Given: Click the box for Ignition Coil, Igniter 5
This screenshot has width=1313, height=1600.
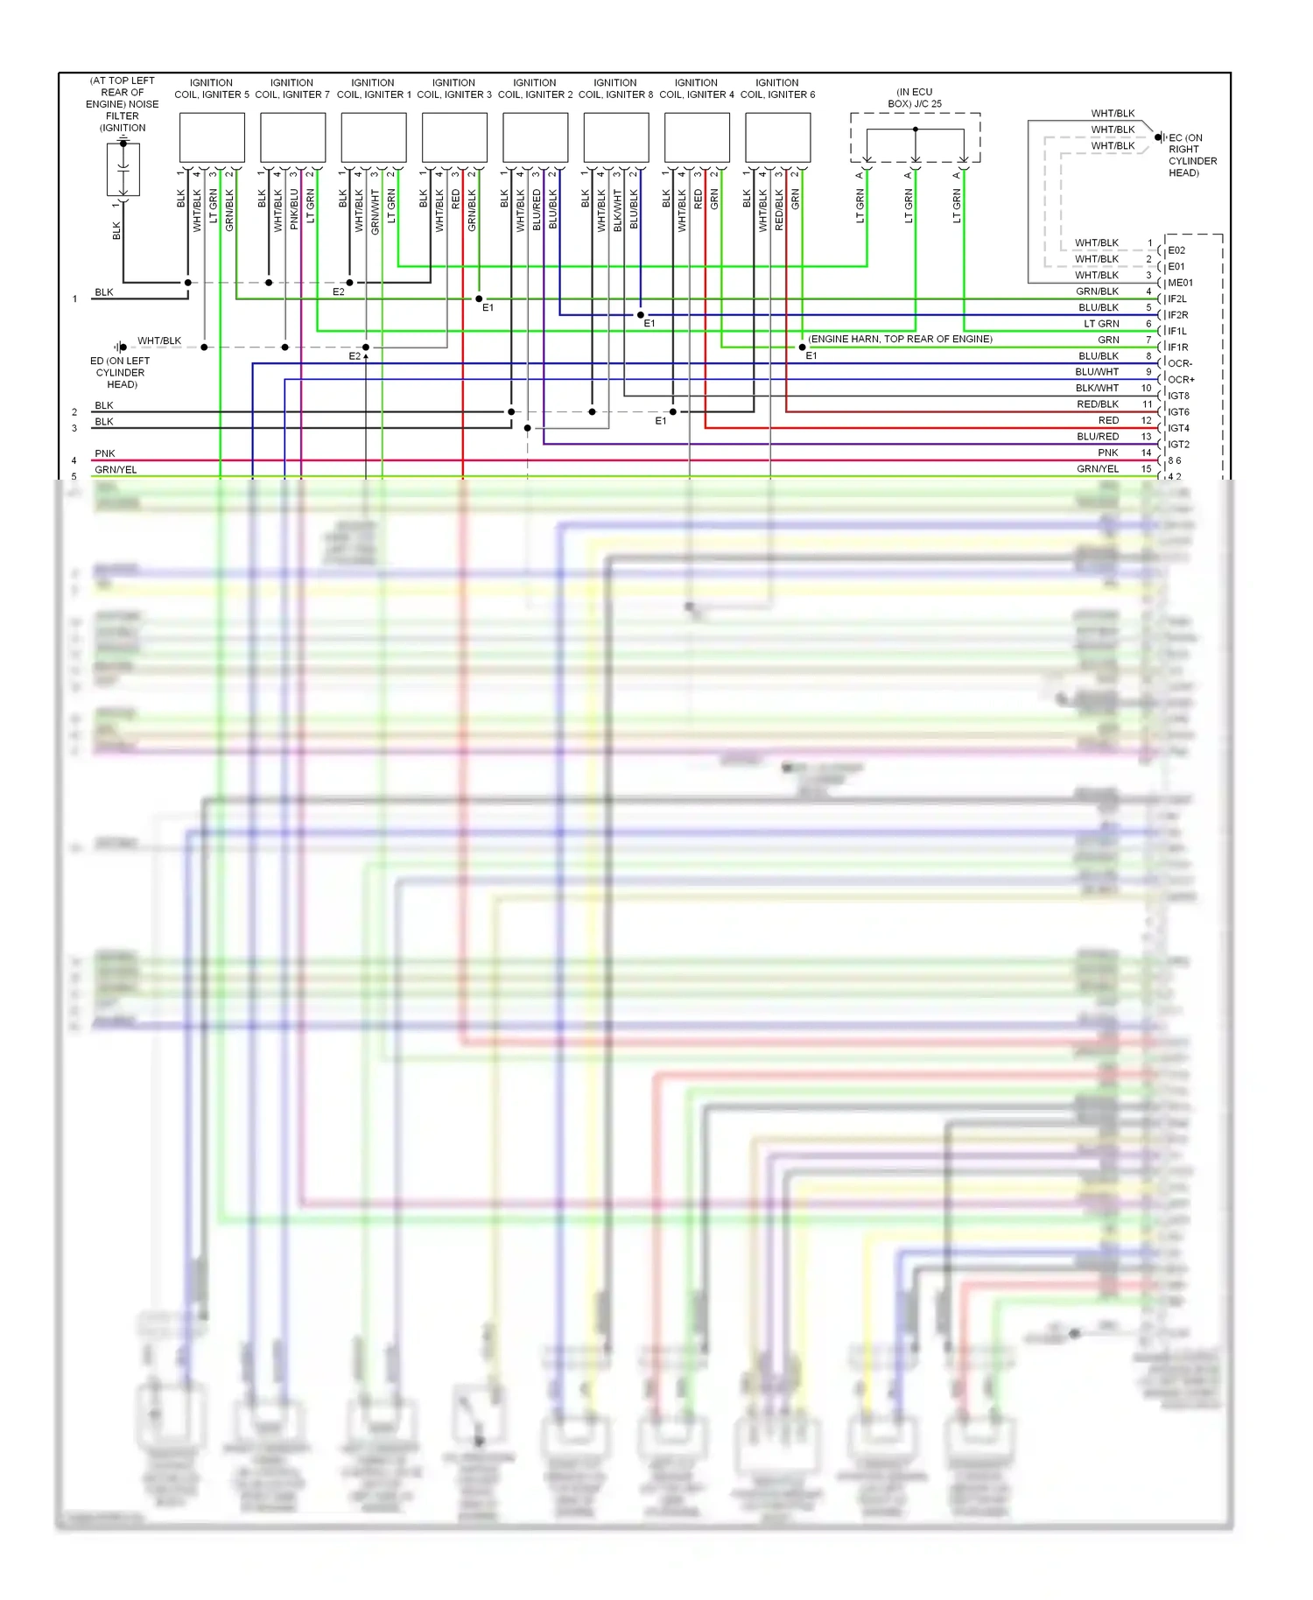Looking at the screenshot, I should pyautogui.click(x=212, y=137).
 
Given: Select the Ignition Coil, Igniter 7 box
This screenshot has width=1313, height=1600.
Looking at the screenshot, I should pyautogui.click(x=292, y=137).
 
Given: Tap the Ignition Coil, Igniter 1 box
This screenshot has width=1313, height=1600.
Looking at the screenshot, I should pyautogui.click(x=374, y=137).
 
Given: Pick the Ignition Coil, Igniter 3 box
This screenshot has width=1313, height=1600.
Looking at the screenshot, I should pyautogui.click(x=454, y=137).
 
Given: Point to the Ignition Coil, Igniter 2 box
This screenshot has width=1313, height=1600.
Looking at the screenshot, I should pyautogui.click(x=536, y=137).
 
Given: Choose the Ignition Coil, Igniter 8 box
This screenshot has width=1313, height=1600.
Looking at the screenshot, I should pyautogui.click(x=616, y=137).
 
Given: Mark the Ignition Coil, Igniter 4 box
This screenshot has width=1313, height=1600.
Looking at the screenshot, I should pyautogui.click(x=697, y=137).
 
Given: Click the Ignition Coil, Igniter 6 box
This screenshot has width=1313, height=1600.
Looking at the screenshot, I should pyautogui.click(x=778, y=137).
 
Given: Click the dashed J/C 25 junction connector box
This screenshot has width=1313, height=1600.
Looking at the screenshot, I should pyautogui.click(x=915, y=137).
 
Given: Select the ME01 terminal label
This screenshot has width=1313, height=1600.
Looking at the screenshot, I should pyautogui.click(x=1180, y=283).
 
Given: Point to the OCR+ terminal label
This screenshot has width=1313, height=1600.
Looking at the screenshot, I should pyautogui.click(x=1181, y=380).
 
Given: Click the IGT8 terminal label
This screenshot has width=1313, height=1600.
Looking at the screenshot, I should pyautogui.click(x=1178, y=396).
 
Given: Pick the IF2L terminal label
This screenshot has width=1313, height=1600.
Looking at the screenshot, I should pyautogui.click(x=1177, y=299).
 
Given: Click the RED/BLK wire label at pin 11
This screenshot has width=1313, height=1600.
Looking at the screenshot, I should pyautogui.click(x=1098, y=404).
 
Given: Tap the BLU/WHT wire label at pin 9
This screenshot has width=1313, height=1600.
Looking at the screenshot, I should pyautogui.click(x=1097, y=372).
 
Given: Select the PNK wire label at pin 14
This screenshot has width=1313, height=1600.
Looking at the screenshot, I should pyautogui.click(x=1108, y=453).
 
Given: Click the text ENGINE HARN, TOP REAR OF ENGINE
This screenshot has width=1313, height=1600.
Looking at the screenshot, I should pyautogui.click(x=900, y=339).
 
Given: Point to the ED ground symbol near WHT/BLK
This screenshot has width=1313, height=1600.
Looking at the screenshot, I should pyautogui.click(x=120, y=347).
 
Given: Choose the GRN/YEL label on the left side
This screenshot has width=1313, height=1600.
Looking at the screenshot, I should pyautogui.click(x=116, y=470).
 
